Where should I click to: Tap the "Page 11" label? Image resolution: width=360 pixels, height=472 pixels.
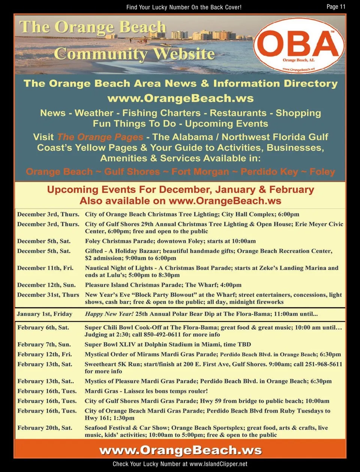336,6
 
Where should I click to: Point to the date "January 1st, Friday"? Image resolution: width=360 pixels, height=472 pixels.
45,314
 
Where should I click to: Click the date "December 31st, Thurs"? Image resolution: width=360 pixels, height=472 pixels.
48,295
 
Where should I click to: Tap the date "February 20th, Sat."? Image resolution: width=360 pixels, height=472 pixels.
45,428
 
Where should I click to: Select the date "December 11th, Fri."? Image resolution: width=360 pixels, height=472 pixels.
45,268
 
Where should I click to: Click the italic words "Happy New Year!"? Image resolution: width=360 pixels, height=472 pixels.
109,314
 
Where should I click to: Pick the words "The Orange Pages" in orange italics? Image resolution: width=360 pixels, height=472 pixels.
100,137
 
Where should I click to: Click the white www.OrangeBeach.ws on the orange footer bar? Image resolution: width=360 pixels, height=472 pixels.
180,450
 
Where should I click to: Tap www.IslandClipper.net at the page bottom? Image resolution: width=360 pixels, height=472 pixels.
218,464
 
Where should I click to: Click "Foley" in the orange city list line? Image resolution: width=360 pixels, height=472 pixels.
322,172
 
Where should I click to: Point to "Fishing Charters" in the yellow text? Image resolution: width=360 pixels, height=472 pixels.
161,113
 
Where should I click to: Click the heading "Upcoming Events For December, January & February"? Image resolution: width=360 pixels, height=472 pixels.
180,190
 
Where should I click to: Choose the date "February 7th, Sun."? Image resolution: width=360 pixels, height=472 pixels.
44,344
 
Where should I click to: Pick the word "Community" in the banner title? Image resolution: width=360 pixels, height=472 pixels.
100,54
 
